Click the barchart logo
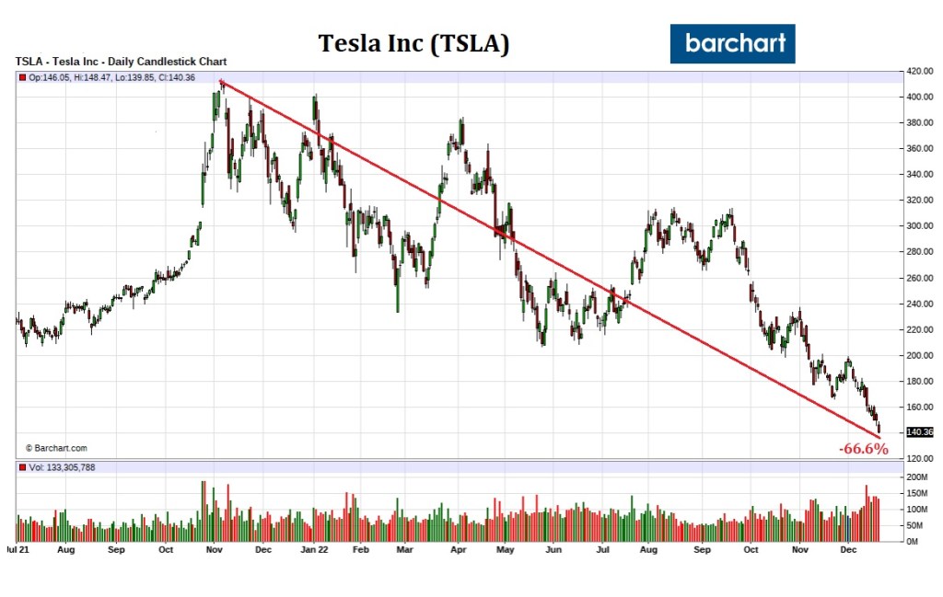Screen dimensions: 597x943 click(x=732, y=43)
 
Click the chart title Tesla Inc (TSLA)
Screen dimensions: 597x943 click(x=413, y=43)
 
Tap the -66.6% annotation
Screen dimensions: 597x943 click(x=863, y=449)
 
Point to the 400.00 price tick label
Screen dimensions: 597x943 click(x=917, y=97)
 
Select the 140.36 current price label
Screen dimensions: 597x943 click(x=919, y=431)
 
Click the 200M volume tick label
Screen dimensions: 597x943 click(x=917, y=477)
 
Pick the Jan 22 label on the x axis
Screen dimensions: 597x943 click(x=315, y=549)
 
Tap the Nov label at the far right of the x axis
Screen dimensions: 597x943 click(x=800, y=549)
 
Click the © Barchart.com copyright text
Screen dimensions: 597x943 click(x=56, y=448)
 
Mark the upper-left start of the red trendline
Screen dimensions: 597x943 click(x=221, y=82)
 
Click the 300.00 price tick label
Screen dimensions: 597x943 click(x=917, y=225)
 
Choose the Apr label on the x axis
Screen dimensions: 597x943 click(x=458, y=549)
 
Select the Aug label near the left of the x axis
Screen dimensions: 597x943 click(x=66, y=549)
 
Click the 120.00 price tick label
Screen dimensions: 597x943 click(x=917, y=458)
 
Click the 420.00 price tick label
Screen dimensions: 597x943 click(x=917, y=71)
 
